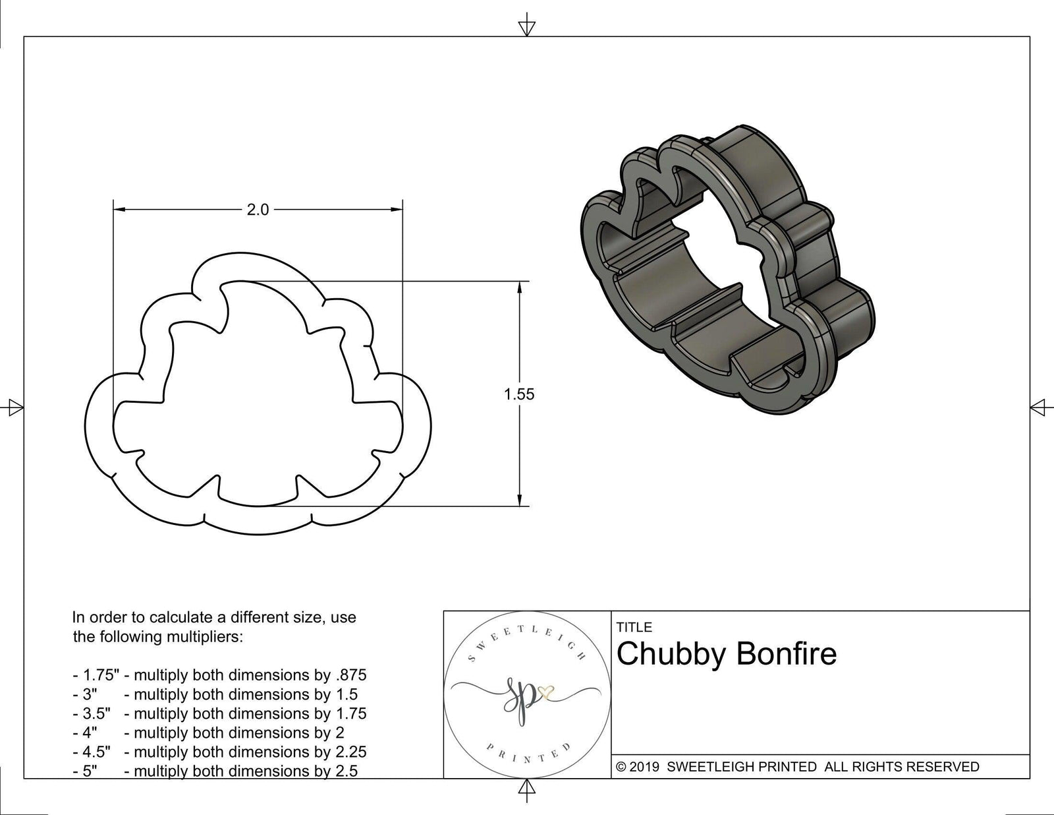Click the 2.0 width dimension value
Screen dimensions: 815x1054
258,210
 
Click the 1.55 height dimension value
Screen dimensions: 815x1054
519,394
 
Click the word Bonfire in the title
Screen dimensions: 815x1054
785,654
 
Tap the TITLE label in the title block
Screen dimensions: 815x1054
634,627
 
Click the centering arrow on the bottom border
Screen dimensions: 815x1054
526,788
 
